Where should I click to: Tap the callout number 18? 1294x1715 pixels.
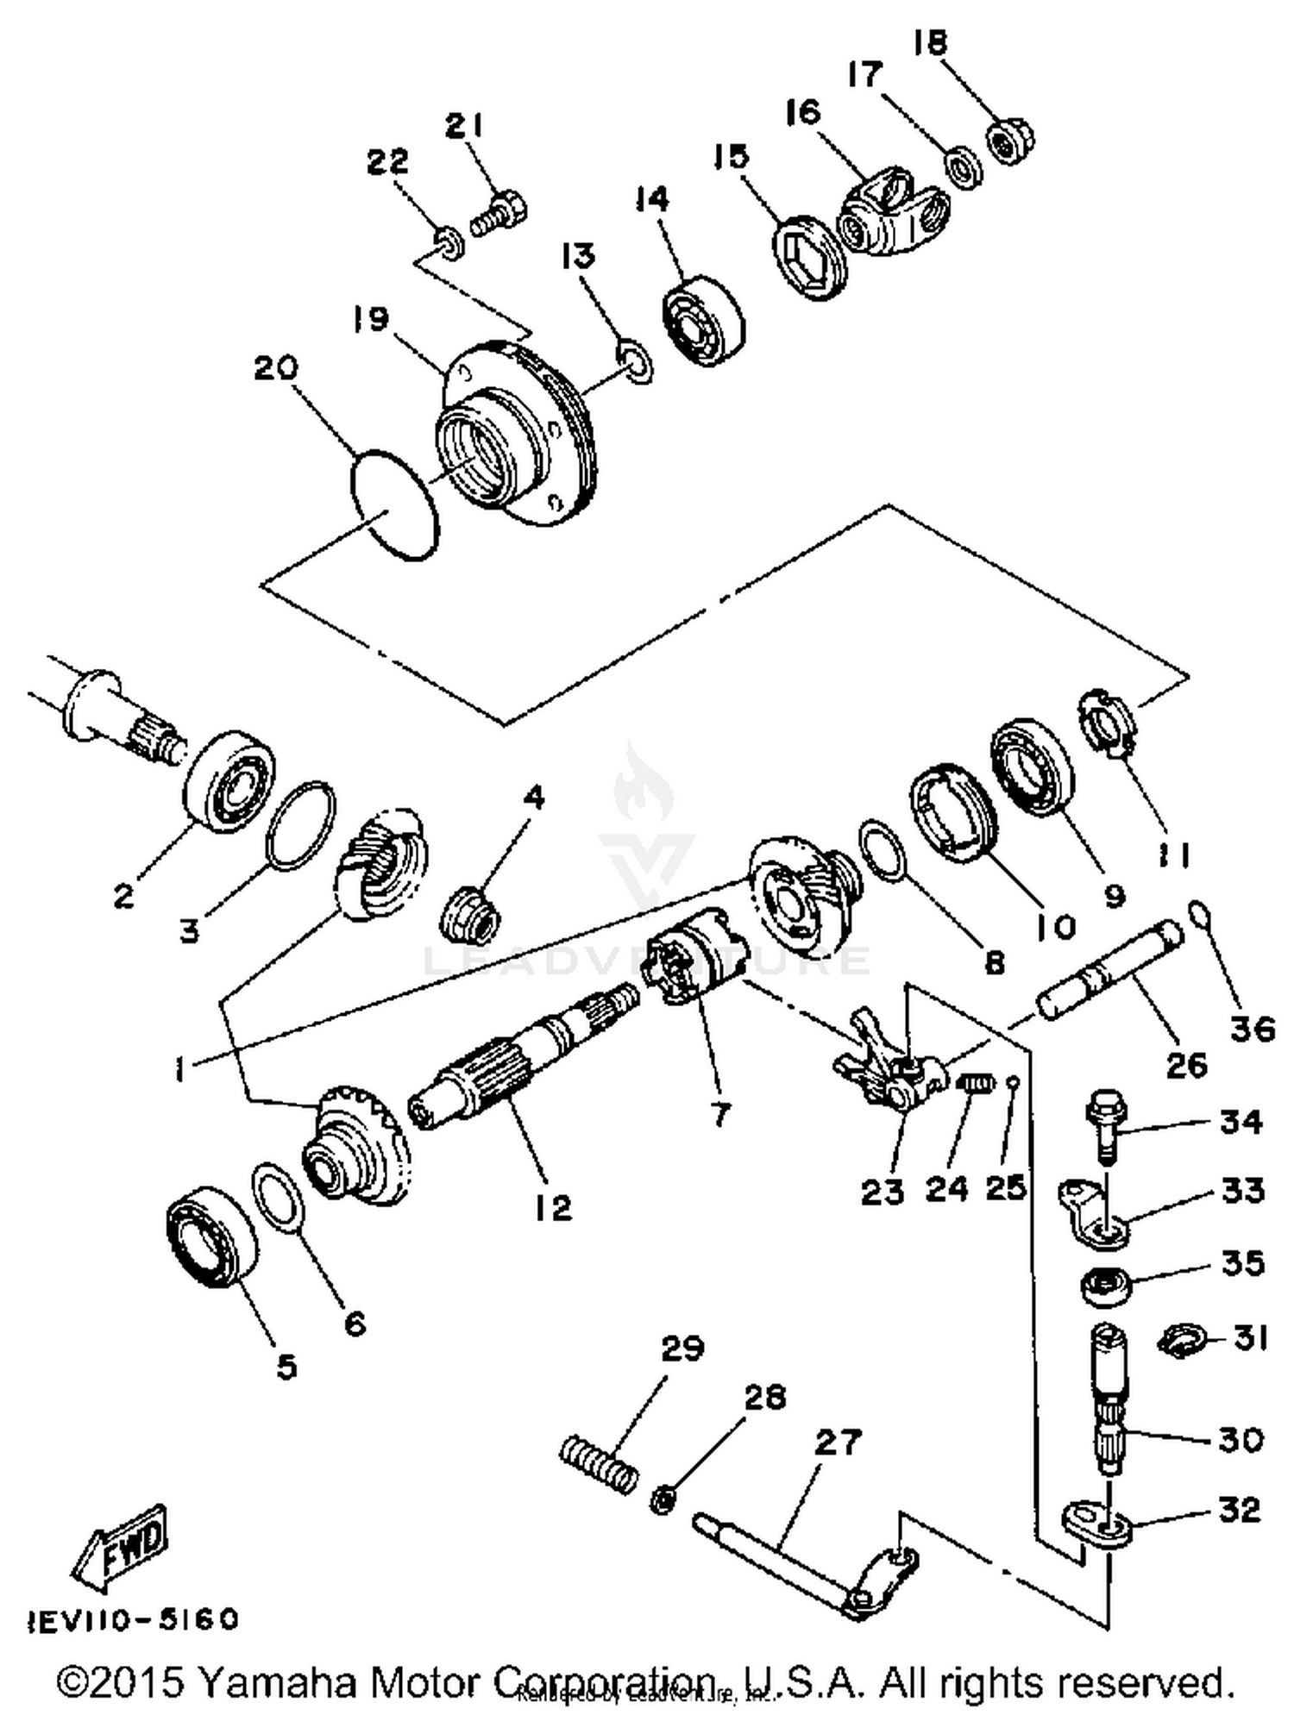931,43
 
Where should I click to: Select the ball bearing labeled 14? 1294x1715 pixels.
703,320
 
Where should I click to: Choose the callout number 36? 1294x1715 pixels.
1253,1029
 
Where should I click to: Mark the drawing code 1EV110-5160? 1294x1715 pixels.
134,1619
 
